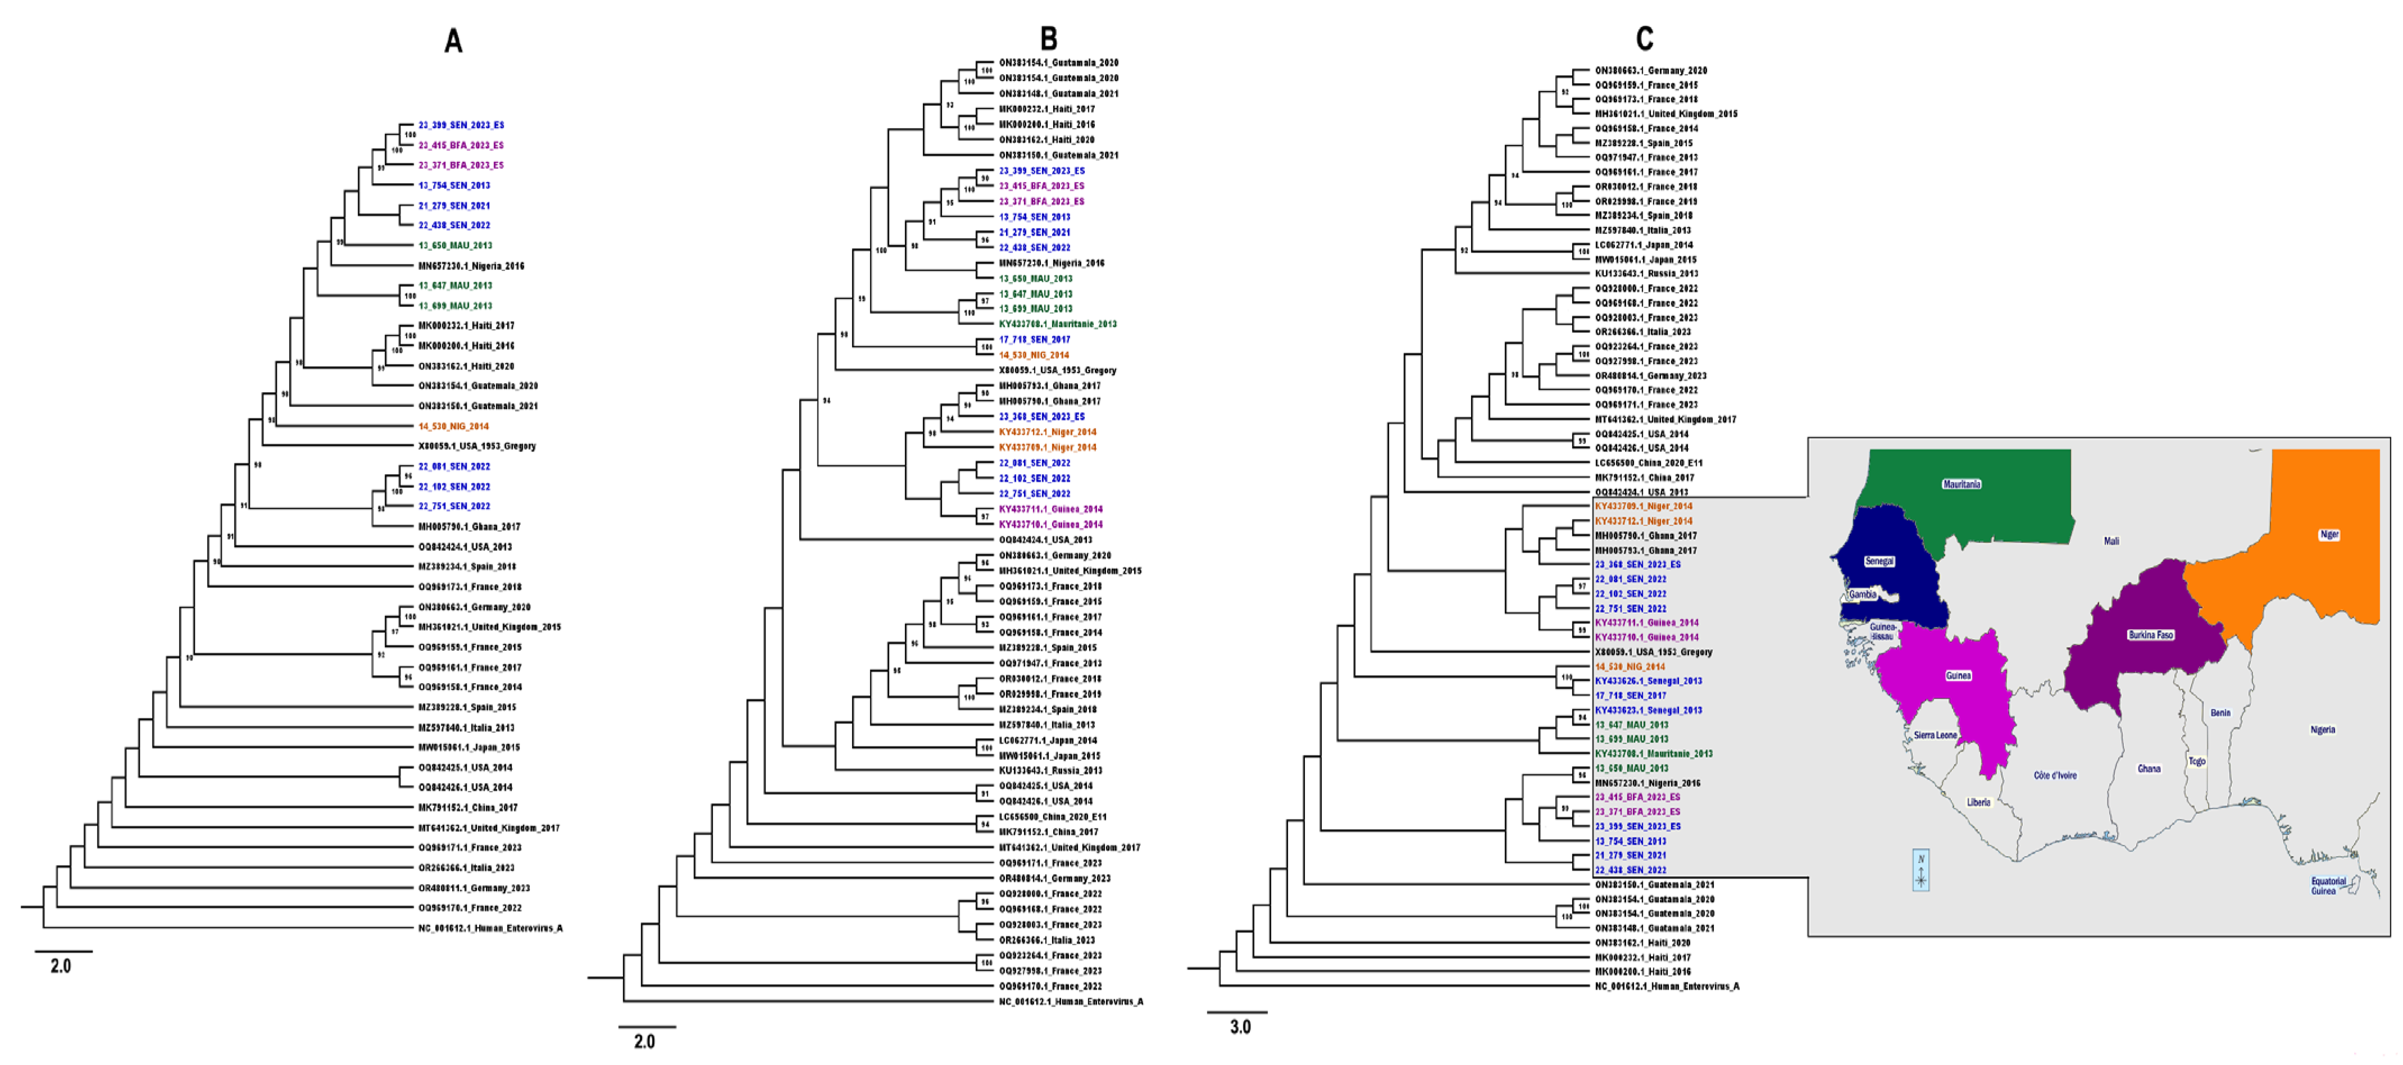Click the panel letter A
453,41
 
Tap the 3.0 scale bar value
1240,1027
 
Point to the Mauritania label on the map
1961,484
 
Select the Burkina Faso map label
2150,635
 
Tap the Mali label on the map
2111,541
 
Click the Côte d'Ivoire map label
2055,775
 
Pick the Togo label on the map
2197,761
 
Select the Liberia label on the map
1978,802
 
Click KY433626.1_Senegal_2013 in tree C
1647,681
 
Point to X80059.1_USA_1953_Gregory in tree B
1057,370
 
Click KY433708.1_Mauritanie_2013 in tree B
1057,324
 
